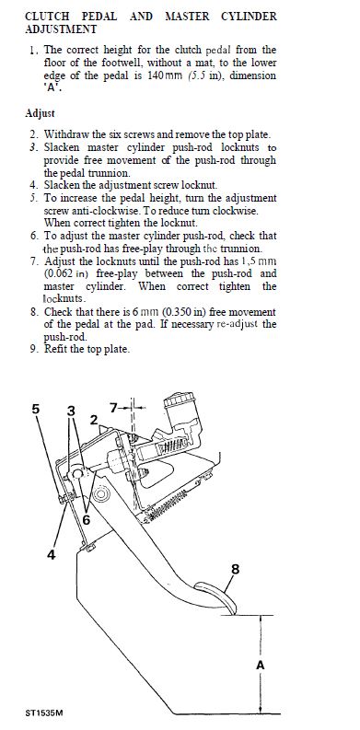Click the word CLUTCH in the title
47,17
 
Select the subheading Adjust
40,113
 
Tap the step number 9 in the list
33,349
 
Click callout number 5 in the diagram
36,410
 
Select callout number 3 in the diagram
71,411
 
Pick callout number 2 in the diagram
94,420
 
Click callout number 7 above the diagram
113,409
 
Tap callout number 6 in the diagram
87,519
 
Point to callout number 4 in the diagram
52,554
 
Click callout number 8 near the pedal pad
235,569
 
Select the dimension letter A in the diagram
261,666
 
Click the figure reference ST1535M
44,713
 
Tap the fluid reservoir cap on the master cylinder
180,400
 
